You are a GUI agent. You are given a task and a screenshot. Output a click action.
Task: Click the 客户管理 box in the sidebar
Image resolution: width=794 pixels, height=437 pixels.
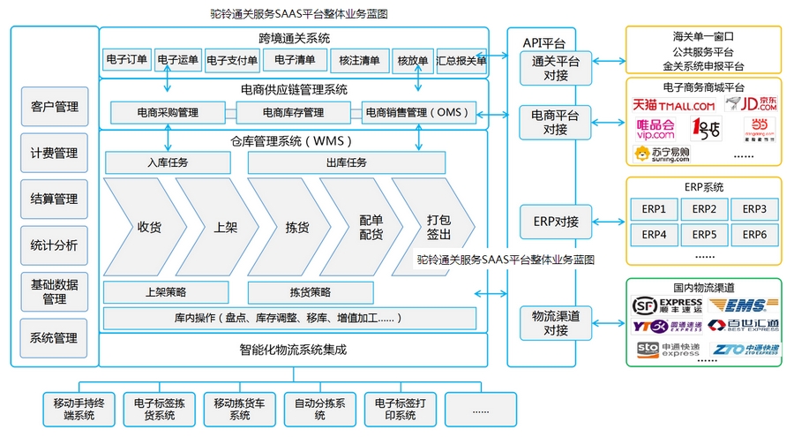55,107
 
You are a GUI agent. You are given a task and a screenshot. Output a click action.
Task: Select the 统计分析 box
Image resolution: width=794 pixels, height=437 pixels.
55,245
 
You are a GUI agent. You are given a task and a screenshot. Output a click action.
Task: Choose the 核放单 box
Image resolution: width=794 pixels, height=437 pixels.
412,61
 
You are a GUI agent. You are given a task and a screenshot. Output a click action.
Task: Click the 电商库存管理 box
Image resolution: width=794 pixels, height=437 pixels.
293,113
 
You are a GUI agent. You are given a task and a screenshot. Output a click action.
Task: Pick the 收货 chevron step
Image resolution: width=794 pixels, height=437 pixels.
144,227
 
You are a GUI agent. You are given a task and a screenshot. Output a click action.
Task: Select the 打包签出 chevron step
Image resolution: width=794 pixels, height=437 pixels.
438,227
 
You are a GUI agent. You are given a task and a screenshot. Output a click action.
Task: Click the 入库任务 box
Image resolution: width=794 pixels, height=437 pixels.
168,162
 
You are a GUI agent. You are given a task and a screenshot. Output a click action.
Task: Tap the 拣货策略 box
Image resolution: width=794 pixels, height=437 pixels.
311,291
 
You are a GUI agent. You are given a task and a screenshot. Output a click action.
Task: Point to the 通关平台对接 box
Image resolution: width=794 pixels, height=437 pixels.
556,68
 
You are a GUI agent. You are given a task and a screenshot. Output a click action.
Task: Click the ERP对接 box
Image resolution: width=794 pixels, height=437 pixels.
556,221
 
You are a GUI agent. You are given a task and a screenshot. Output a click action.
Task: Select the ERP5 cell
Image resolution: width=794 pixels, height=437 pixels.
704,235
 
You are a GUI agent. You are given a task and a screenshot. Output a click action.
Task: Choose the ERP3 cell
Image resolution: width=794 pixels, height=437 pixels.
754,209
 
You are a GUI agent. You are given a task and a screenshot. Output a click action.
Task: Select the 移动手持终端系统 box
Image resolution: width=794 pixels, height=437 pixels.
79,409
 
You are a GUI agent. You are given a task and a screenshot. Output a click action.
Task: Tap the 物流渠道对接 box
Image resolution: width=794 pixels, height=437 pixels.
556,322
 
